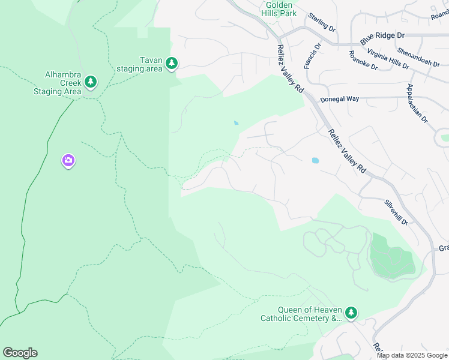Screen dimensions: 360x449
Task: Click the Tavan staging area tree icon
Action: [171, 63]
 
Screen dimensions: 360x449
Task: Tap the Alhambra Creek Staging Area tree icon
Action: [91, 81]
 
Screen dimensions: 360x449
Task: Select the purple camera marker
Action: [68, 160]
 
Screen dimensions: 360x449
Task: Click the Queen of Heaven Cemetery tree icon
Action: [351, 313]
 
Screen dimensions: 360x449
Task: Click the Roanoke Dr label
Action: [363, 61]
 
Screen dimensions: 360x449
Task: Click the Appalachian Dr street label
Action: [417, 103]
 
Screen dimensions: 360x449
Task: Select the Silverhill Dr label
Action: [396, 212]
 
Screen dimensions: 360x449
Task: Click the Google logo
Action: [20, 353]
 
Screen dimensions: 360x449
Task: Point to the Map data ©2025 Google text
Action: [412, 355]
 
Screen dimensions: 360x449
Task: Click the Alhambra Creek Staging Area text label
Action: [57, 83]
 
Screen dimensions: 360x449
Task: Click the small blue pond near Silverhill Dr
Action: [315, 161]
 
